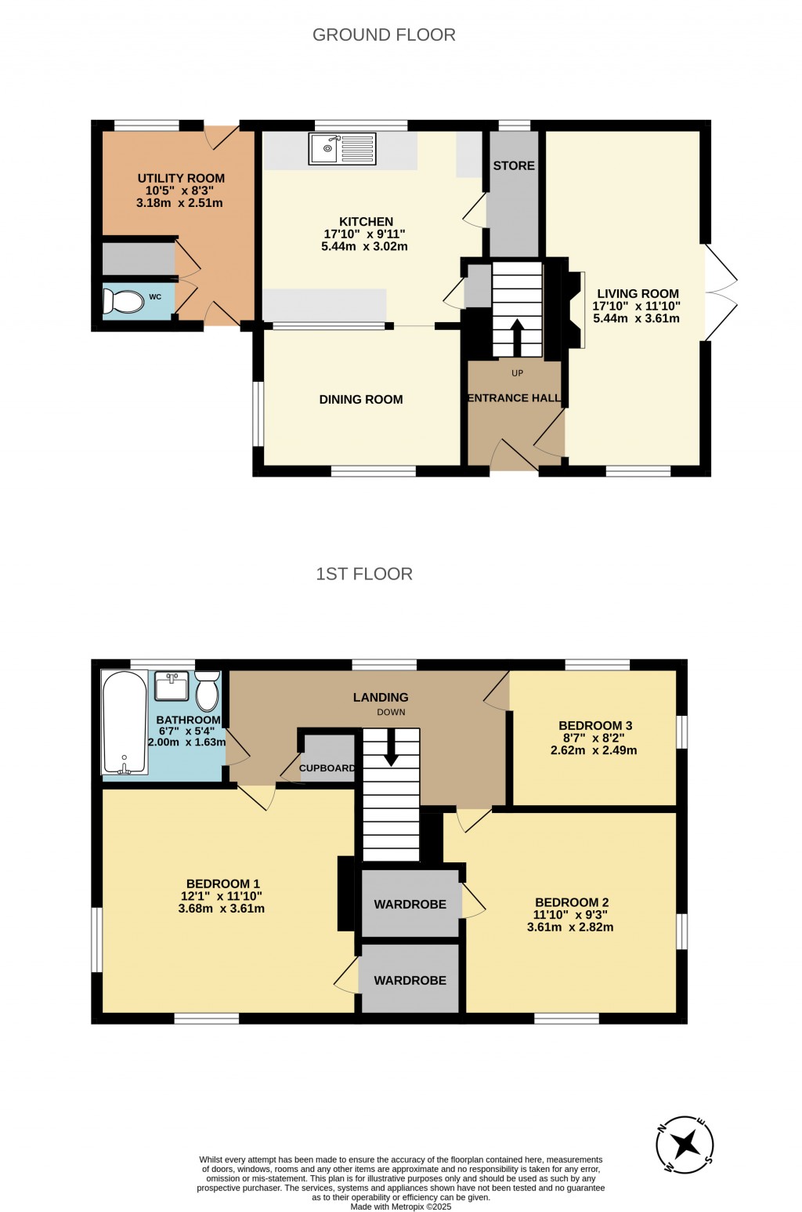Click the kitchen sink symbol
(342, 149)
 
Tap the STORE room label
(514, 165)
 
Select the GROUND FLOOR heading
(384, 34)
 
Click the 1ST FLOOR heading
(364, 574)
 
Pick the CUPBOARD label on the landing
(327, 768)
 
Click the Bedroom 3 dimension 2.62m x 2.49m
(594, 750)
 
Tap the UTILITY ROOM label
(181, 178)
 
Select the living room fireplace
(576, 309)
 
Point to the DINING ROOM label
(361, 400)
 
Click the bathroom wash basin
(172, 687)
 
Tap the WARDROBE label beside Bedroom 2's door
(410, 905)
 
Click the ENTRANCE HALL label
(515, 398)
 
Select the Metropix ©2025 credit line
(401, 1207)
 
